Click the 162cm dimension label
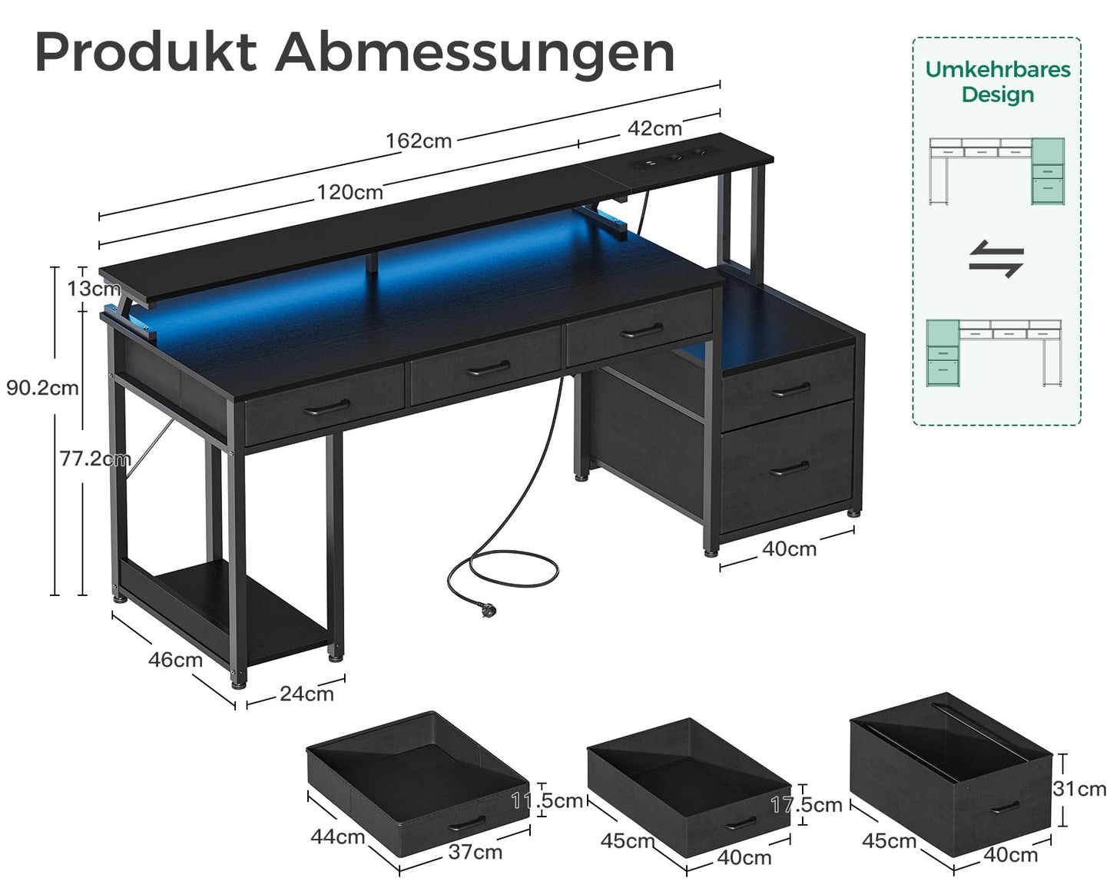[x=419, y=141]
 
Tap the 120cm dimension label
[x=350, y=192]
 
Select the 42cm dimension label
[x=654, y=128]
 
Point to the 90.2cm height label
[x=42, y=388]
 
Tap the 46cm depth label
[x=175, y=659]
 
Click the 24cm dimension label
[x=306, y=694]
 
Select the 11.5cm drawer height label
[x=548, y=800]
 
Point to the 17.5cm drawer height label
[x=807, y=804]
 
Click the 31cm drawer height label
[x=1079, y=789]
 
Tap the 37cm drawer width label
[x=475, y=851]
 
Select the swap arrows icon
[x=996, y=259]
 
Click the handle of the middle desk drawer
[x=488, y=368]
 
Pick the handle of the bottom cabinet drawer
[x=790, y=468]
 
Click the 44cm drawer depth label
[x=337, y=837]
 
